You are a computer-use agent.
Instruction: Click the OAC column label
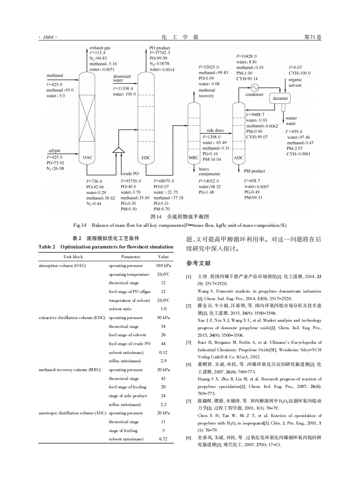[87, 157]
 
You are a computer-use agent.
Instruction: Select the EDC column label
[146, 157]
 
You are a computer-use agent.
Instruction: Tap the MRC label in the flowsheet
[193, 158]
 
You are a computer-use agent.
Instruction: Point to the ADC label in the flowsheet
[238, 158]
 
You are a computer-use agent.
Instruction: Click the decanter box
[280, 98]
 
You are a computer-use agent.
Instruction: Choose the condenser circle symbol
[255, 86]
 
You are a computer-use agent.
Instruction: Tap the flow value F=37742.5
[160, 53]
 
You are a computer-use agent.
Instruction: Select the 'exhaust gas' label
[100, 47]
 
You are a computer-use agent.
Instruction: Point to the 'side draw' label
[215, 131]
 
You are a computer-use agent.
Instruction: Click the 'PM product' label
[254, 171]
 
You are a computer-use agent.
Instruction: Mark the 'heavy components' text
[209, 172]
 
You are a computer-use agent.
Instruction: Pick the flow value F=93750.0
[131, 181]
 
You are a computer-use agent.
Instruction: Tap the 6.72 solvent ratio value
[163, 439]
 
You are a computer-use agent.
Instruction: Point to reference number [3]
[188, 342]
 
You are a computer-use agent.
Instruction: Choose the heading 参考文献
[199, 263]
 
